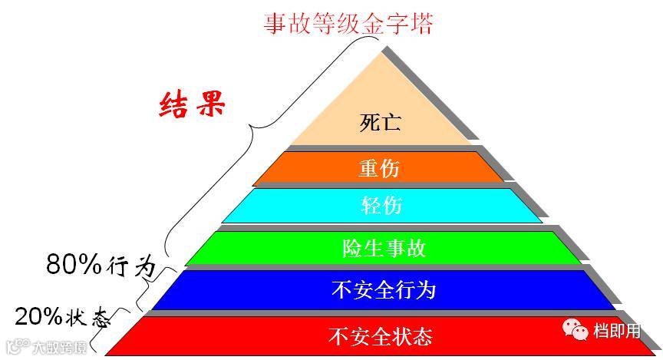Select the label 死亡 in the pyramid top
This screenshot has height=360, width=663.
tap(381, 123)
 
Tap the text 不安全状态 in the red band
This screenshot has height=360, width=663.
tap(380, 336)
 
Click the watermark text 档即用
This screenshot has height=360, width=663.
tap(617, 331)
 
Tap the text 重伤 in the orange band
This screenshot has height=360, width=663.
tap(380, 168)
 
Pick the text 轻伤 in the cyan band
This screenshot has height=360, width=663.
tap(381, 206)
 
